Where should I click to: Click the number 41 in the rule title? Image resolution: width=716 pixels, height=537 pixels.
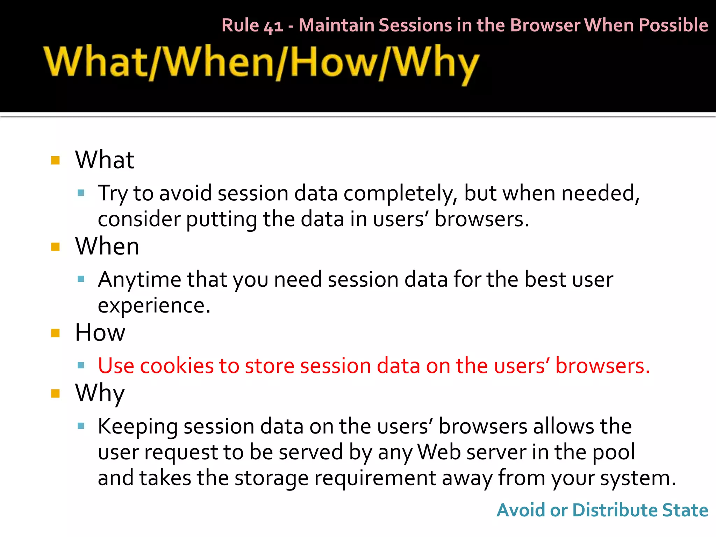coord(273,26)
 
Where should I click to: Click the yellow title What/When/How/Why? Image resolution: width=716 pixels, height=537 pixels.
coord(261,63)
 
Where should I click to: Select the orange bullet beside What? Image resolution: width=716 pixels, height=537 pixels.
coord(56,160)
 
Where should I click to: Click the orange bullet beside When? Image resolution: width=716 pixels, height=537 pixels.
coord(56,247)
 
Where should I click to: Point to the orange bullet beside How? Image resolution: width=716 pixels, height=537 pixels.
coord(56,333)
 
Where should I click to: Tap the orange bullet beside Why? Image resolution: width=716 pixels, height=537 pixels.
coord(56,394)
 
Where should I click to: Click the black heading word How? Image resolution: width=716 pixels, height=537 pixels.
coord(100,332)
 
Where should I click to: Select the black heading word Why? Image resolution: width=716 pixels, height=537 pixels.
coord(100,393)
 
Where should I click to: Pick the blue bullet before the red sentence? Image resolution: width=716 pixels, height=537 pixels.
coord(81,366)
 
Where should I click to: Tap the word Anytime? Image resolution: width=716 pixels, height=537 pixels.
coord(139,280)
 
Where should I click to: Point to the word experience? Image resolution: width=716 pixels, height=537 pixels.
coord(154,306)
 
